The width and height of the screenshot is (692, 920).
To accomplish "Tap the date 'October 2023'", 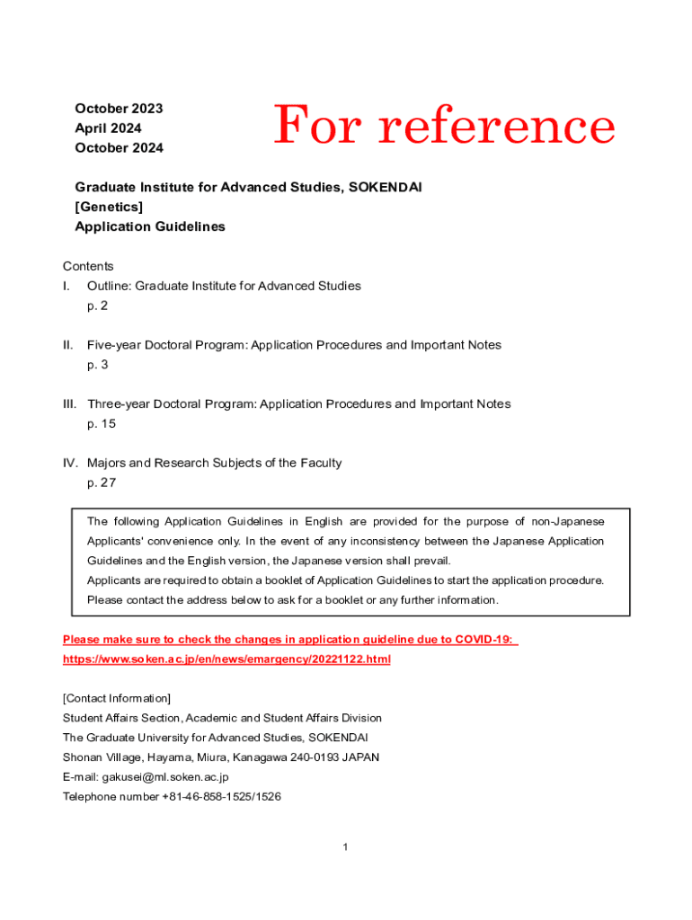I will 119,109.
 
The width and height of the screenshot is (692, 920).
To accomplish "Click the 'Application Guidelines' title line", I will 150,227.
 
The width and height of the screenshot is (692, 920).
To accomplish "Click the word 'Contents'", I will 88,266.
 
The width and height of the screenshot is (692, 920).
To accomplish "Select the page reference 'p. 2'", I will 97,305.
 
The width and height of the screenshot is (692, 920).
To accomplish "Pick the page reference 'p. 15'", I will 101,424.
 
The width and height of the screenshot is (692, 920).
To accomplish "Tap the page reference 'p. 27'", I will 102,482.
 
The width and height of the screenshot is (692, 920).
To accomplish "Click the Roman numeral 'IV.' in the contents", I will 70,464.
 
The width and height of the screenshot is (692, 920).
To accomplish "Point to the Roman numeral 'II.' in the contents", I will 67,345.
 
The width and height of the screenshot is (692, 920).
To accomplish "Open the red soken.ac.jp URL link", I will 226,659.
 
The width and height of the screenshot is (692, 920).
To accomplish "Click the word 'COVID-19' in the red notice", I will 484,640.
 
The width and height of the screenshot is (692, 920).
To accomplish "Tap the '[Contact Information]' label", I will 116,698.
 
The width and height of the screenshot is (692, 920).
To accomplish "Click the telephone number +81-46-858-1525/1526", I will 222,797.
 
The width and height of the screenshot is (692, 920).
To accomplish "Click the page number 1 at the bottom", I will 345,847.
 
